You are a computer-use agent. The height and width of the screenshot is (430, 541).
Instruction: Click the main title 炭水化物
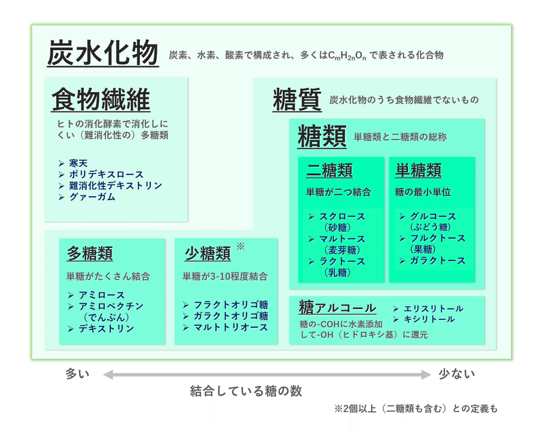[x=102, y=53]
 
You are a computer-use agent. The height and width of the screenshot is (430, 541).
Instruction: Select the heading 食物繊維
[x=101, y=100]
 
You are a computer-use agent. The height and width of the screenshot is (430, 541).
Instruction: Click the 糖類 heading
[x=322, y=136]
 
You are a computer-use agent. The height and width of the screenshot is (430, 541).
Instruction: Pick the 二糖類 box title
[x=329, y=170]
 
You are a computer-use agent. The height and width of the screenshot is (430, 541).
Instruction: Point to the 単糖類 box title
[x=419, y=170]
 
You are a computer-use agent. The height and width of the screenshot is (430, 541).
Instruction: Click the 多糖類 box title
[x=89, y=254]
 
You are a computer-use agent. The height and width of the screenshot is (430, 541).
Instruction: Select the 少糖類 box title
[x=208, y=254]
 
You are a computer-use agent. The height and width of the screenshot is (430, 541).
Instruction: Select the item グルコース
[x=433, y=216]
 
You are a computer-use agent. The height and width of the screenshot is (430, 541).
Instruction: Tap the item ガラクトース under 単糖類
[x=438, y=260]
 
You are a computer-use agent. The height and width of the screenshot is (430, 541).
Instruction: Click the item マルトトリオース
[x=231, y=327]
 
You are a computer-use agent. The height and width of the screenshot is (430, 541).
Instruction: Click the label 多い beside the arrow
[x=78, y=373]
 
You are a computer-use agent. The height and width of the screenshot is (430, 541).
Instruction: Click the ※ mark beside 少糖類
[x=240, y=246]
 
